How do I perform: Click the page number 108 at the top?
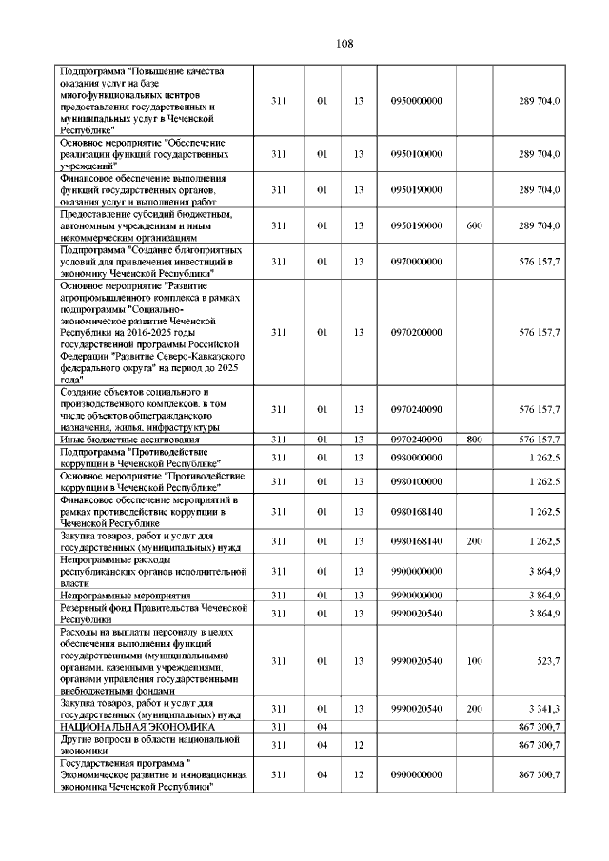[344, 43]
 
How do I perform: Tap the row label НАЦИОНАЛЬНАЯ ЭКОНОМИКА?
[137, 727]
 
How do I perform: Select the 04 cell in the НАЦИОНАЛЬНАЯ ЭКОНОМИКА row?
[323, 727]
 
